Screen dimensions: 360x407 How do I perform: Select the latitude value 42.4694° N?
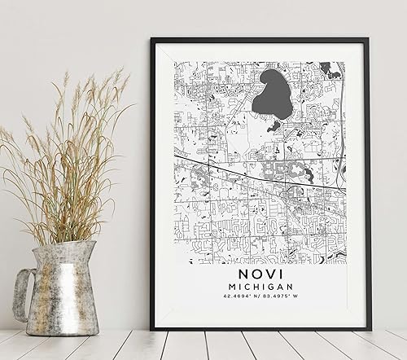[x=237, y=308]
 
